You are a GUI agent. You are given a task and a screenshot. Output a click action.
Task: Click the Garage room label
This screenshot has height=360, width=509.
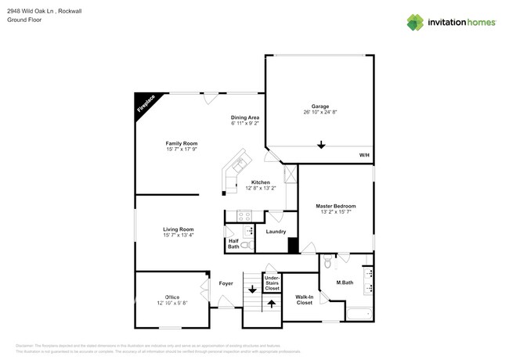(319, 106)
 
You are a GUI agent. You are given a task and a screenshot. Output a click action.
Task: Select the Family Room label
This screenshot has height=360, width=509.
(181, 143)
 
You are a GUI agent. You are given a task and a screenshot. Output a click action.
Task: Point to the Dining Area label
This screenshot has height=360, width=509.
(244, 117)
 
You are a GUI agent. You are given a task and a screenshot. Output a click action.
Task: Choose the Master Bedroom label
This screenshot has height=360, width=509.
(335, 207)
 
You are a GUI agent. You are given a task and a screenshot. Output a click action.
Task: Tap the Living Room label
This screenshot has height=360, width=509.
(179, 229)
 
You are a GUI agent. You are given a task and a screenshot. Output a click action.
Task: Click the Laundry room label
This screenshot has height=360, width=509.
(276, 231)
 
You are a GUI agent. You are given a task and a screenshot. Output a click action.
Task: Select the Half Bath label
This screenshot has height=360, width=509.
(233, 243)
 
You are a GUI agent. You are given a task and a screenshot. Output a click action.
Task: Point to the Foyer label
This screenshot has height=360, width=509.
(226, 283)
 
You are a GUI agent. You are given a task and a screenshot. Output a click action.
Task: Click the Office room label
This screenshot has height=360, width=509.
(172, 297)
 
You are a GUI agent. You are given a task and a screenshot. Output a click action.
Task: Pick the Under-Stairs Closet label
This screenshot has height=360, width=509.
(272, 283)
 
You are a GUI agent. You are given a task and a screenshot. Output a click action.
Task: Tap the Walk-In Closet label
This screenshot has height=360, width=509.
(304, 300)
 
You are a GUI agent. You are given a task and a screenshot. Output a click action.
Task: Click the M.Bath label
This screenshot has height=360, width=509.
(345, 283)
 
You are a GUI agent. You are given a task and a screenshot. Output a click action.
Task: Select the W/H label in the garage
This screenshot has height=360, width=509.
(364, 156)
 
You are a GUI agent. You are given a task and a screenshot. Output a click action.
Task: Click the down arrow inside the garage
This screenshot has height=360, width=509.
(320, 144)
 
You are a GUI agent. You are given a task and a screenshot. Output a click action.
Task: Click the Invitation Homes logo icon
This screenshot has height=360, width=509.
(415, 23)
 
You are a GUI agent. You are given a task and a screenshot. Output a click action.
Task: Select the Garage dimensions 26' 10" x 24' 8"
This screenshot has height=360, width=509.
(319, 112)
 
